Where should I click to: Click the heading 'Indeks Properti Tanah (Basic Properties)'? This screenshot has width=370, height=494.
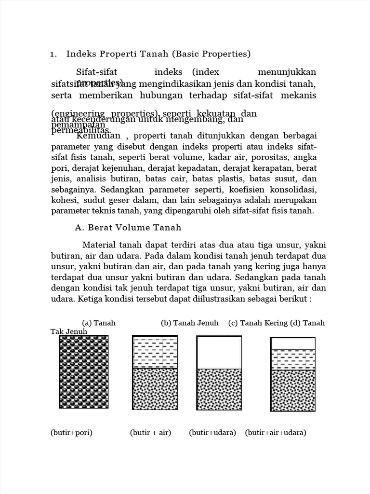point(159,54)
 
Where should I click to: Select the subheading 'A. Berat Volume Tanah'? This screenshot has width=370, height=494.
point(128,227)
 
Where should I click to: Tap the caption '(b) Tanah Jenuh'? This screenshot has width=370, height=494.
point(190,323)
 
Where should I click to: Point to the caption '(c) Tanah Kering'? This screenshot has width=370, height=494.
point(258,323)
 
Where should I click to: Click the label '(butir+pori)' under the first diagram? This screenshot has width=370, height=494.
point(71,432)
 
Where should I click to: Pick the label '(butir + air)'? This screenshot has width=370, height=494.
point(150,432)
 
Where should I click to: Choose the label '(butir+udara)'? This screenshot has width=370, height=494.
point(212,432)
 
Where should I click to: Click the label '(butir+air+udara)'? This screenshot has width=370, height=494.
point(276,432)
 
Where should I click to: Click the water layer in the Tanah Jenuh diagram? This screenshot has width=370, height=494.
point(155,352)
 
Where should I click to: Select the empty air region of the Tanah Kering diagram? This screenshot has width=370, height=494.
point(219,352)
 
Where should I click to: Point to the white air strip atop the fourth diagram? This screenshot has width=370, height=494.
point(293,343)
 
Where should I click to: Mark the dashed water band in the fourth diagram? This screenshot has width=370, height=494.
point(293,359)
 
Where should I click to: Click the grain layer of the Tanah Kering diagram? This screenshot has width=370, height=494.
point(219,389)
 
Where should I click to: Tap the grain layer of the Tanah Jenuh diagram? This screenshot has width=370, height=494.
point(155,389)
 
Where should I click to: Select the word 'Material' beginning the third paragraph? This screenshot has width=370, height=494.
point(100,245)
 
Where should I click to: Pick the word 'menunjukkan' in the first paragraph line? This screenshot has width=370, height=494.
point(287,72)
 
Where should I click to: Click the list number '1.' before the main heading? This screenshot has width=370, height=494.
point(53,54)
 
